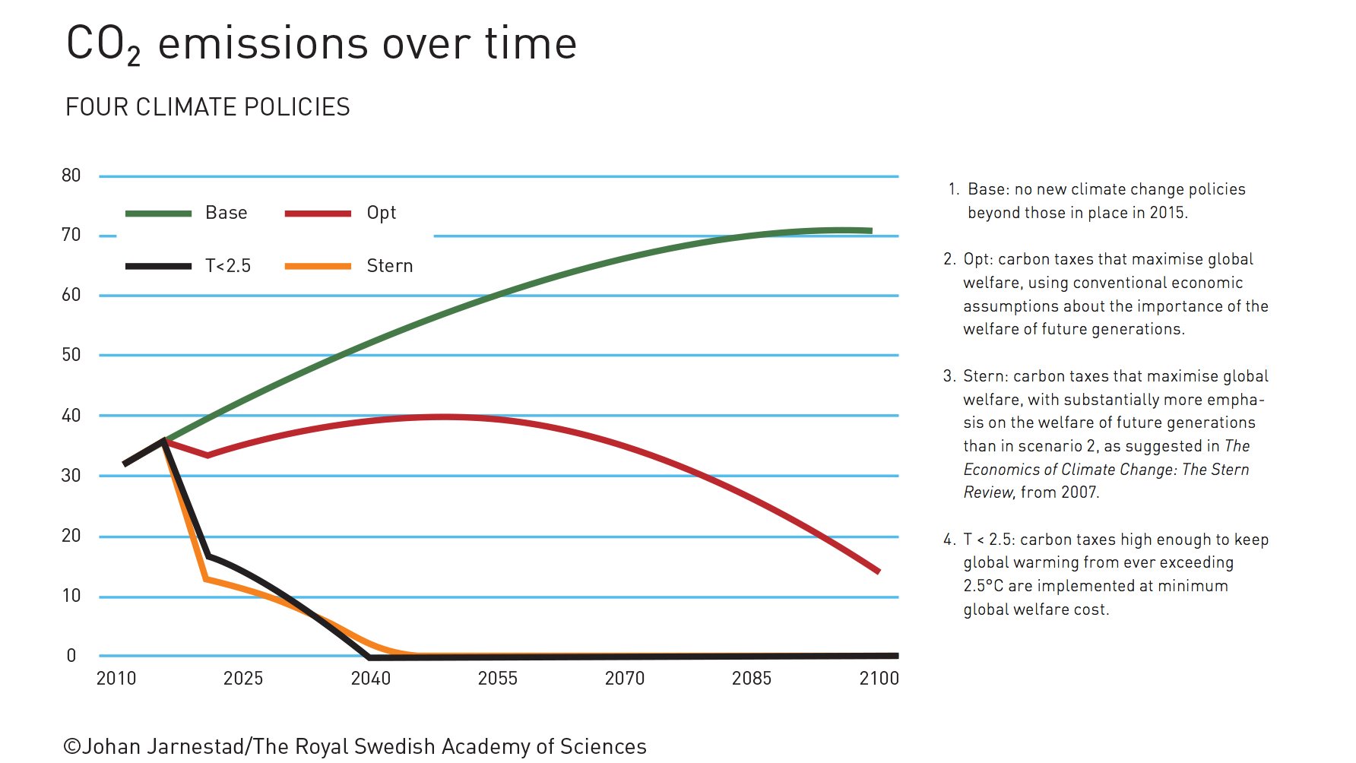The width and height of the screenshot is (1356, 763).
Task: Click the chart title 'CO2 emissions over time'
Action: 322,44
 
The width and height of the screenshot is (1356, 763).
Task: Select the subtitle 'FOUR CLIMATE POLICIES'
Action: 208,107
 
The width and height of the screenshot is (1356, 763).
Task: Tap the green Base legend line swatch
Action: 158,214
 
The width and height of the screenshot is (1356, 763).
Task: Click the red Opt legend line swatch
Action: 318,214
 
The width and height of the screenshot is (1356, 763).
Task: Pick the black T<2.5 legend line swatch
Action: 158,266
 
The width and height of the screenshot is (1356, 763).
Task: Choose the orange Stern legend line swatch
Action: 318,266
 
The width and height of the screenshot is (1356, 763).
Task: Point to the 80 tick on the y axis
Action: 71,176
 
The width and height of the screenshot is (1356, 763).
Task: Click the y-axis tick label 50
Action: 71,355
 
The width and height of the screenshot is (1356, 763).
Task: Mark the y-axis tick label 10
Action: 71,596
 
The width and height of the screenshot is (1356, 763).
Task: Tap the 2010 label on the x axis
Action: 116,679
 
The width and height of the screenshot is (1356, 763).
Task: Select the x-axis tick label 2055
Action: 498,679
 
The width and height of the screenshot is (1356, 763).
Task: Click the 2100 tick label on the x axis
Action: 879,679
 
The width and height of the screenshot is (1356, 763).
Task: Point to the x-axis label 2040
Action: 371,679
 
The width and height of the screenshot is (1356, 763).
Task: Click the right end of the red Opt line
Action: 878,571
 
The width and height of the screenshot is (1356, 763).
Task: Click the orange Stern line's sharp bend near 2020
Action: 206,579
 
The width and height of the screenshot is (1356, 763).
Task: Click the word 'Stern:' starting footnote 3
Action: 985,376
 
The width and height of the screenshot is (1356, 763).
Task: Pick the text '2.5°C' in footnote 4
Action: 983,586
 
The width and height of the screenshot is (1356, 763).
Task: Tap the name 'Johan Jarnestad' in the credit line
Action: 163,747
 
